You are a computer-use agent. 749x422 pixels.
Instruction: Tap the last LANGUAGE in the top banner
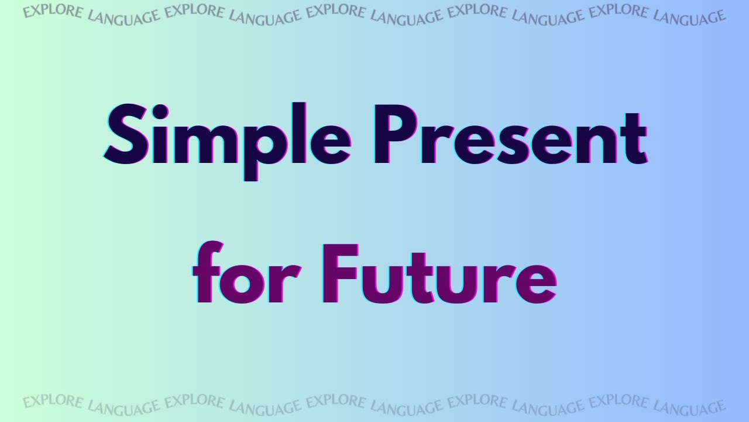[x=689, y=16]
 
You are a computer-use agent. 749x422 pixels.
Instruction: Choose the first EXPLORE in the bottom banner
[x=53, y=403]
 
